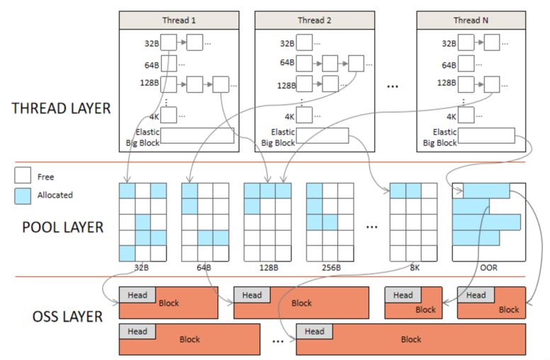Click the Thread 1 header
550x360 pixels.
[x=180, y=20]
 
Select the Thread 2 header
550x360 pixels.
[x=315, y=20]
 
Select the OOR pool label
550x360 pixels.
[x=488, y=269]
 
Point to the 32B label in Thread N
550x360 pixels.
[x=449, y=43]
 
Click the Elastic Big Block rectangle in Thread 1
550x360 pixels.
[x=198, y=135]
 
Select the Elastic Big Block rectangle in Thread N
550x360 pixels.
[x=486, y=135]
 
